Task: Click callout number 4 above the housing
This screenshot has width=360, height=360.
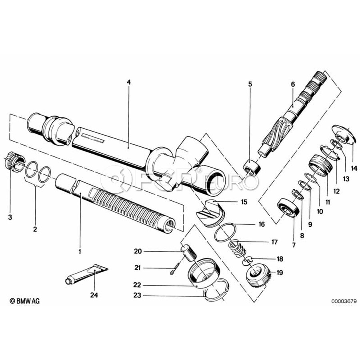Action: (x=128, y=82)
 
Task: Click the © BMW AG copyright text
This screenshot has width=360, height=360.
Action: (x=25, y=301)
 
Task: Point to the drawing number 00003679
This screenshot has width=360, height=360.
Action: (x=343, y=301)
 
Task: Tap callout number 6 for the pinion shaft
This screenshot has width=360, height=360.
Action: (x=292, y=84)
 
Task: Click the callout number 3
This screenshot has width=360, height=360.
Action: (x=10, y=217)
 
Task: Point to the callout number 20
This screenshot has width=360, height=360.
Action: (x=138, y=251)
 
